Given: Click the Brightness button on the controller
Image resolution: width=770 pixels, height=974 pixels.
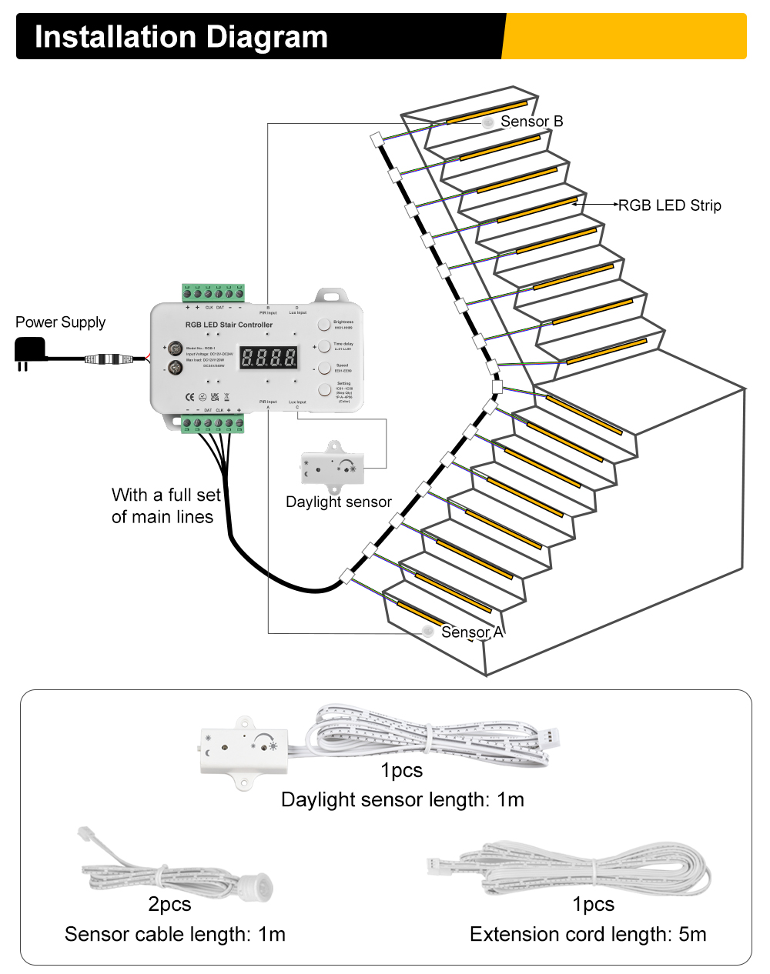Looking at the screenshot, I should [324, 325].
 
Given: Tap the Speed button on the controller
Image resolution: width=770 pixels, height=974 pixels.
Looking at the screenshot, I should [324, 368].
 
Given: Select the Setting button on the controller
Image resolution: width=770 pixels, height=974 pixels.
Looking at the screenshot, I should [324, 390].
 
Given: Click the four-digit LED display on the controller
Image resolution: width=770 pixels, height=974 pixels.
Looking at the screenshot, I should [269, 357].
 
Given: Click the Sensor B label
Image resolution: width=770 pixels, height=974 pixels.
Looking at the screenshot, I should [531, 122].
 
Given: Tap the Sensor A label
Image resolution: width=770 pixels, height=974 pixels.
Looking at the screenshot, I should [471, 632].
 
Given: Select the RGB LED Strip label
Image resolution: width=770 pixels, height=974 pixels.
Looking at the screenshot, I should [669, 205].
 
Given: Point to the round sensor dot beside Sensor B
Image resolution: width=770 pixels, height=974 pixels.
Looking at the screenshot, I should [487, 122].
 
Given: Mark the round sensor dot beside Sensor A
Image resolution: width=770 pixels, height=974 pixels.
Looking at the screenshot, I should [427, 632].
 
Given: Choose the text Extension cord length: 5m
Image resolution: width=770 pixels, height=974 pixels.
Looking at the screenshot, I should [588, 935].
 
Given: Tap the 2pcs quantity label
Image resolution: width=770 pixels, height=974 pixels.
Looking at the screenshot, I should [169, 905].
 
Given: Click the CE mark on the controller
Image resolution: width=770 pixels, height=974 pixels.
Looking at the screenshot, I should [189, 397].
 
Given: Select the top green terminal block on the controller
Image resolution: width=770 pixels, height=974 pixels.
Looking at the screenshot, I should [213, 293].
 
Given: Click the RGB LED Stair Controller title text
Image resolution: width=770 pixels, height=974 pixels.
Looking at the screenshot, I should [229, 325].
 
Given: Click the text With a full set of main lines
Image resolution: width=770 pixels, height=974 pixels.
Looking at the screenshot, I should [166, 505].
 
